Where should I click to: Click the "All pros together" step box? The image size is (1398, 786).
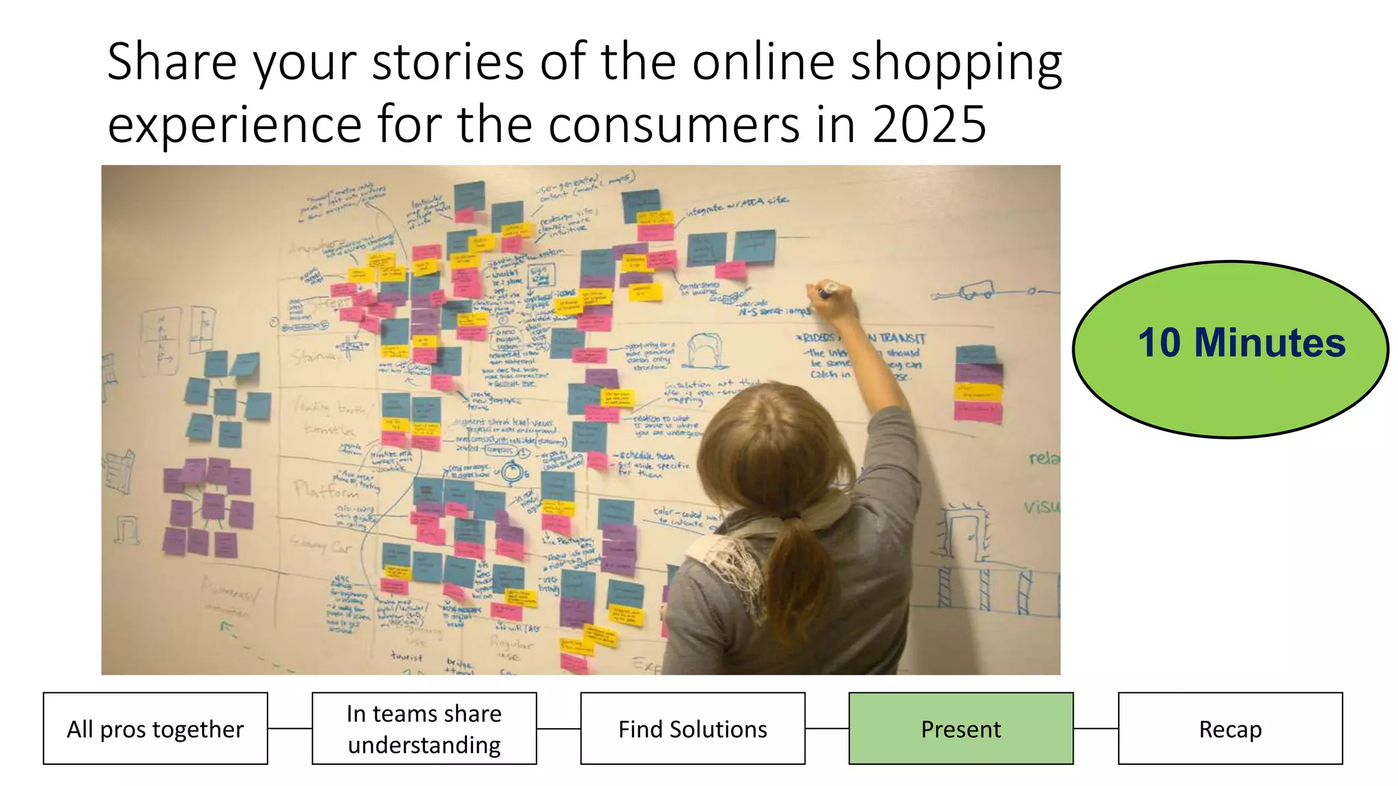point(155,729)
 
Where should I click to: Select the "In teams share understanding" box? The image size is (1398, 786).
point(424,729)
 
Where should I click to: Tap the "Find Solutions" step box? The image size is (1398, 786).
point(692,729)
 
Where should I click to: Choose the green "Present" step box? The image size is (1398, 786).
point(960,729)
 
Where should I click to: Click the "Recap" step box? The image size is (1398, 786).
point(1230,729)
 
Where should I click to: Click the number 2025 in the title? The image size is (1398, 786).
point(929,125)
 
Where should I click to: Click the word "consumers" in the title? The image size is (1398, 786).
point(673,125)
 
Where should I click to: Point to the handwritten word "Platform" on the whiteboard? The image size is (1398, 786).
point(326,491)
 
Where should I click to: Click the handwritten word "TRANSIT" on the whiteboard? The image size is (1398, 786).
point(902,338)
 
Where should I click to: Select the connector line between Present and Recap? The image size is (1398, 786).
point(1096,729)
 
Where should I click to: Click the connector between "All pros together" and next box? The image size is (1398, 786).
point(289,729)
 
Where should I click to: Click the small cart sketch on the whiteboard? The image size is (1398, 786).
point(976,291)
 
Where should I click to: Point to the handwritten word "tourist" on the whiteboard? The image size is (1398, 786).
point(406,656)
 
